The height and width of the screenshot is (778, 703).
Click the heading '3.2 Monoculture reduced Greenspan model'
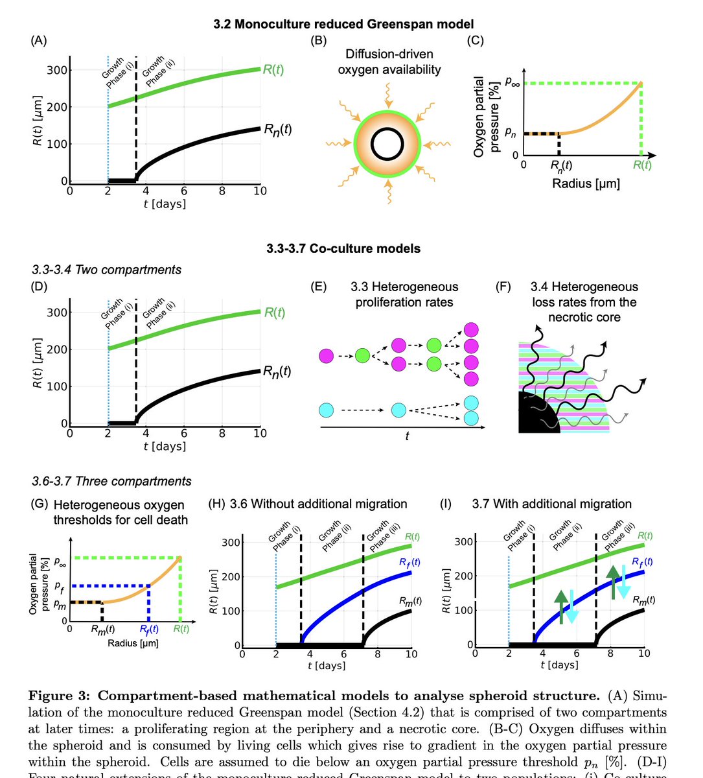click(343, 25)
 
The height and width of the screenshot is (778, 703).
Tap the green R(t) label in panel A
click(273, 69)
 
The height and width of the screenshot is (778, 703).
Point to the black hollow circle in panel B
click(388, 143)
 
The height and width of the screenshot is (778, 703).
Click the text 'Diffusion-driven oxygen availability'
click(389, 62)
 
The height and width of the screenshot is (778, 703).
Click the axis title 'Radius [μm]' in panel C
click(586, 183)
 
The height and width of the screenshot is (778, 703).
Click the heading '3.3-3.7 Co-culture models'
click(343, 248)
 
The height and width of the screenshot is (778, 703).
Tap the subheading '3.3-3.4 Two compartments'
click(107, 270)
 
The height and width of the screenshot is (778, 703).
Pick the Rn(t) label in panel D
click(277, 371)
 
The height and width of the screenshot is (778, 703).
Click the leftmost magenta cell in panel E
click(327, 355)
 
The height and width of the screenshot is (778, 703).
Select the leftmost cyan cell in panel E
click(327, 410)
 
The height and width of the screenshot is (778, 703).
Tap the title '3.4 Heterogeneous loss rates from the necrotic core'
click(584, 301)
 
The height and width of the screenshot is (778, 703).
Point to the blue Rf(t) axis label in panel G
click(149, 629)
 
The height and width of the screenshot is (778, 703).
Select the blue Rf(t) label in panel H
click(409, 562)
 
